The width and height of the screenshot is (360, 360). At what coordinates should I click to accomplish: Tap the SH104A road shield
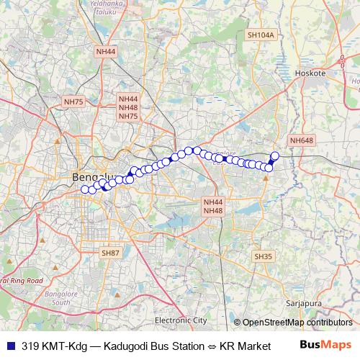pyautogui.click(x=261, y=34)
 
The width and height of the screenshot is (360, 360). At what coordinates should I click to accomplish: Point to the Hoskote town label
pyautogui.click(x=311, y=73)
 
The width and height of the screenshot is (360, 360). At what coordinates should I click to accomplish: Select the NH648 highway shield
pyautogui.click(x=302, y=140)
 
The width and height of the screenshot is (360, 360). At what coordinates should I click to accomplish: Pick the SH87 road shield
pyautogui.click(x=110, y=253)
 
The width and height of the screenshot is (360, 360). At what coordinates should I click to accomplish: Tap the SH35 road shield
pyautogui.click(x=264, y=256)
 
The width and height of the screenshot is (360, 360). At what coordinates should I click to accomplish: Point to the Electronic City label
pyautogui.click(x=181, y=319)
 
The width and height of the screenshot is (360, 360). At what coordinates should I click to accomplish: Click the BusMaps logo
pyautogui.click(x=325, y=345)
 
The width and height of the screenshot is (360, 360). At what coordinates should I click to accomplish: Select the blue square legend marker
pyautogui.click(x=10, y=346)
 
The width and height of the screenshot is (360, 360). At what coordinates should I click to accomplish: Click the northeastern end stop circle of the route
pyautogui.click(x=274, y=156)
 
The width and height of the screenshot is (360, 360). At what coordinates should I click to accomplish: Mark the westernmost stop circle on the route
pyautogui.click(x=85, y=189)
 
